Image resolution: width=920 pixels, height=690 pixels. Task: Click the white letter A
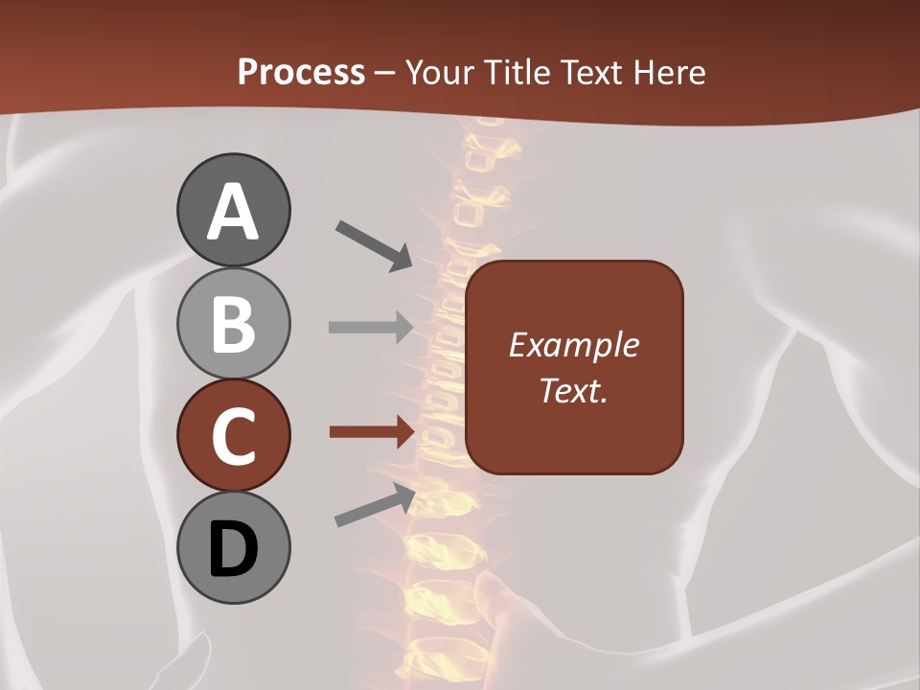pos(233,212)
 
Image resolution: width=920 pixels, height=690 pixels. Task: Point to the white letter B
pos(233,324)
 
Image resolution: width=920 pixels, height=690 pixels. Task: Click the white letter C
pos(233,436)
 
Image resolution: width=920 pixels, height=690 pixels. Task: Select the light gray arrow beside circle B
pos(370,327)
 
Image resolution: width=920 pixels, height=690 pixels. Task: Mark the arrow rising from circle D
pos(375,505)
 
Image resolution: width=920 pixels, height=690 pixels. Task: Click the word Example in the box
pos(574,345)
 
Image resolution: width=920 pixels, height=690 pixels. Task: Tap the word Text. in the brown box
pos(574,390)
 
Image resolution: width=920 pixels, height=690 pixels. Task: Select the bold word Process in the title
pos(301,72)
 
